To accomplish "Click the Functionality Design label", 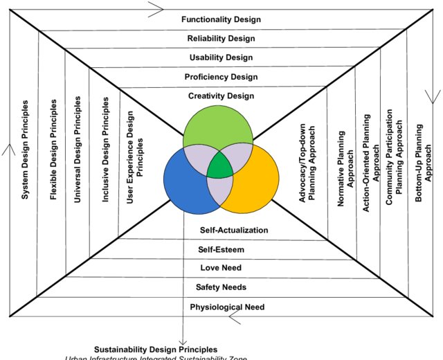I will pos(221,20).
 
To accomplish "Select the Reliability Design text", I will pos(221,39).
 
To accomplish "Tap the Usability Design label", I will pos(221,57).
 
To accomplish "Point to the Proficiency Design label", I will pos(221,77).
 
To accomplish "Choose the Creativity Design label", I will pos(221,96).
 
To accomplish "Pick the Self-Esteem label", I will pos(221,249).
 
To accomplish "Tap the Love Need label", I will pos(221,268).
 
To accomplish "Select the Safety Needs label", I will pos(221,287).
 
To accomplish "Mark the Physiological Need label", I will pos(227,307).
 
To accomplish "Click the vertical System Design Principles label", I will pos(26,150).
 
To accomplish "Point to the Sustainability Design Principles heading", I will pos(156,350).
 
